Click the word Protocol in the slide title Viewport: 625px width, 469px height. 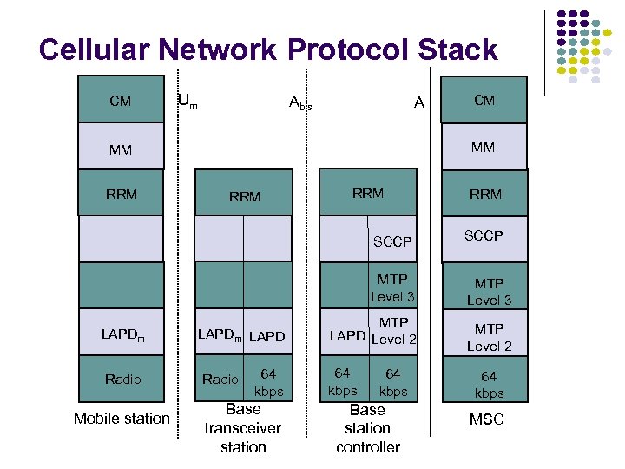coord(363,50)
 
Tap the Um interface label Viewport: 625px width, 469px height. coord(187,101)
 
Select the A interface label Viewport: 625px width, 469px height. coord(419,102)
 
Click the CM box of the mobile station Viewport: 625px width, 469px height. coord(121,101)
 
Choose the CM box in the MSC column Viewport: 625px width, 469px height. coord(484,101)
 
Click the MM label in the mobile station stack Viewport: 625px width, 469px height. coord(121,149)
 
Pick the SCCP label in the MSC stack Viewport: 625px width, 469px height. coord(484,235)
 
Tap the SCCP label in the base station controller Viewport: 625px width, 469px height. coord(391,241)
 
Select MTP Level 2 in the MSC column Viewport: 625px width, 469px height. coord(489,337)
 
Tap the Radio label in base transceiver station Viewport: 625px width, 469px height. coord(220,379)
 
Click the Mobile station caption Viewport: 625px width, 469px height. coord(122,419)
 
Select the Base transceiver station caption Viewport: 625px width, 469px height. coord(243,428)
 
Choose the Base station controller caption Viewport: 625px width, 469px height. coord(367,428)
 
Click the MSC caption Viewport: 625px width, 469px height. coord(486,419)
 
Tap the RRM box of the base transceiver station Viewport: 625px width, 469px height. coord(244,197)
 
